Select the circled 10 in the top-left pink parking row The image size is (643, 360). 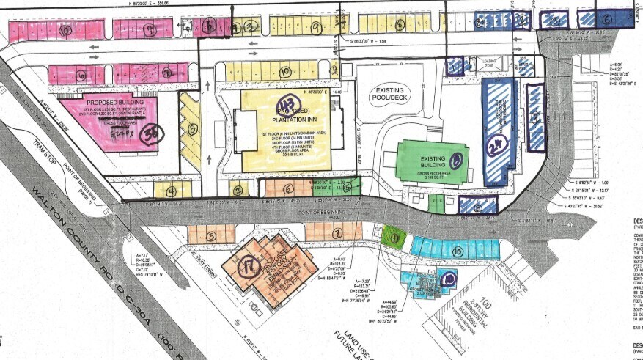pyautogui.click(x=65, y=31)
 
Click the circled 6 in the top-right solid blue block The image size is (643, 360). pyautogui.click(x=606, y=20)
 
